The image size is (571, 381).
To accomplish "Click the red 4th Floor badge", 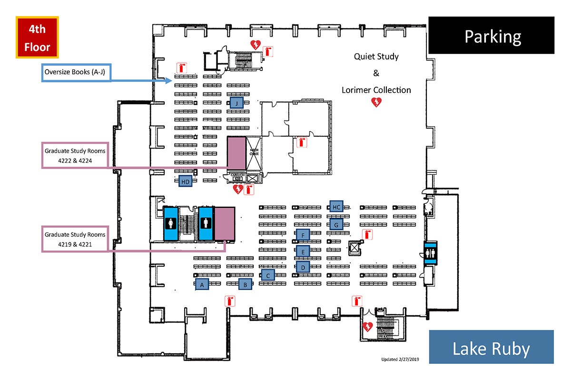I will (x=37, y=38).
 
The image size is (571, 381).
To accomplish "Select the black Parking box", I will (x=492, y=35).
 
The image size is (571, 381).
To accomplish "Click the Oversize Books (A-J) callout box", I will (x=77, y=72).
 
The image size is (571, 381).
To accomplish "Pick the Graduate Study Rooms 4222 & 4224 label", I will (x=75, y=155).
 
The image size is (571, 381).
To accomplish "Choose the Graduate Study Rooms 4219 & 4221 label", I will (x=75, y=239).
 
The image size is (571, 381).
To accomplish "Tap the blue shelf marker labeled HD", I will (x=186, y=181).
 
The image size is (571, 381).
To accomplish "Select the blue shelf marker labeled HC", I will (x=336, y=207).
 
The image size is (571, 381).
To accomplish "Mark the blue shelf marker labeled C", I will (x=268, y=275).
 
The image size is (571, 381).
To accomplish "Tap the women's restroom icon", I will (x=170, y=223).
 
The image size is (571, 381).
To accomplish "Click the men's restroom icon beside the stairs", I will (x=205, y=223).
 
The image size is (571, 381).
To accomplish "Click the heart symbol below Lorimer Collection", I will (x=376, y=102).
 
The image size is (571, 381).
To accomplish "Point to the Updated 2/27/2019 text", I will (x=401, y=359).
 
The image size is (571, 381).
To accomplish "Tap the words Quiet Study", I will (x=376, y=57).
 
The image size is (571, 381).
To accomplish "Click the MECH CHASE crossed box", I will (x=253, y=153).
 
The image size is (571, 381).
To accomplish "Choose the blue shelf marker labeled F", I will (x=303, y=234).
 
